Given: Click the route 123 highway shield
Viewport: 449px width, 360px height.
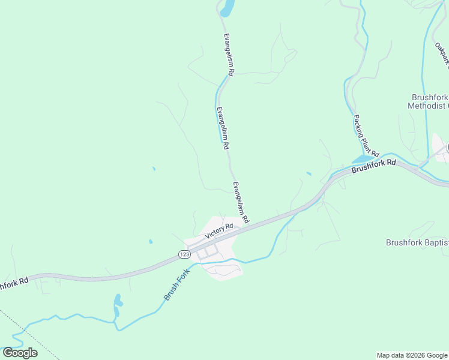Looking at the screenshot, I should [184, 255].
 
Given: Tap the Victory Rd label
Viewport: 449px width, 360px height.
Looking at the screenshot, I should [218, 231].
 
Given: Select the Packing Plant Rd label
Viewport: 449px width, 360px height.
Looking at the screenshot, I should [366, 136].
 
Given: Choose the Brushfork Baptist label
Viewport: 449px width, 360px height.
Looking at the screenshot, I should [417, 242].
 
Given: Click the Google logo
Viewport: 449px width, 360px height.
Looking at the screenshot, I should [20, 352].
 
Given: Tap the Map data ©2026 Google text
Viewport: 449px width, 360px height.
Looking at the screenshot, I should [412, 355].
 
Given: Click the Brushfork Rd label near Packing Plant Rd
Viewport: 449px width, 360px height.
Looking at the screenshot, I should [374, 166].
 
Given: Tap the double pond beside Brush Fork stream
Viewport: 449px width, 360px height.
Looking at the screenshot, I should [118, 305].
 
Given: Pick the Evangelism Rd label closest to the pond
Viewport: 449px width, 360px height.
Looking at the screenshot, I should [228, 54].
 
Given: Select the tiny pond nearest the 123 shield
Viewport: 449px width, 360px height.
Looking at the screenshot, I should [150, 242].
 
